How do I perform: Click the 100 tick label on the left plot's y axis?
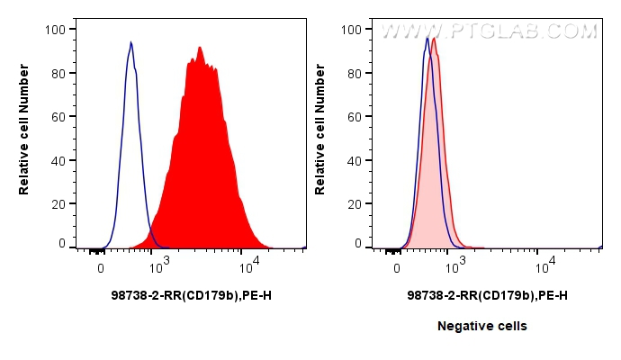(55, 30)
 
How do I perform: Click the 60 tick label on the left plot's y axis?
(58, 116)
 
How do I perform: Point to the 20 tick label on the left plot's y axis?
(58, 202)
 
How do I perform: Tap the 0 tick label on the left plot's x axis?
(101, 267)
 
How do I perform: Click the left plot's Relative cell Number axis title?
(24, 137)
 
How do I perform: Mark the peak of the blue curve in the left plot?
(130, 42)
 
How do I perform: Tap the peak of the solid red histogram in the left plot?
(200, 48)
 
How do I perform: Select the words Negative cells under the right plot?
(482, 326)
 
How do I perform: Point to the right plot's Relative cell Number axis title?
(319, 137)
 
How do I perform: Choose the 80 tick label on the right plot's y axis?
(355, 73)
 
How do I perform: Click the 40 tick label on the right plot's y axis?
(355, 159)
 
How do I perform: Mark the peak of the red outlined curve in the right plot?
(434, 38)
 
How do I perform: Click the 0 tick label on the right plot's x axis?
(397, 267)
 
